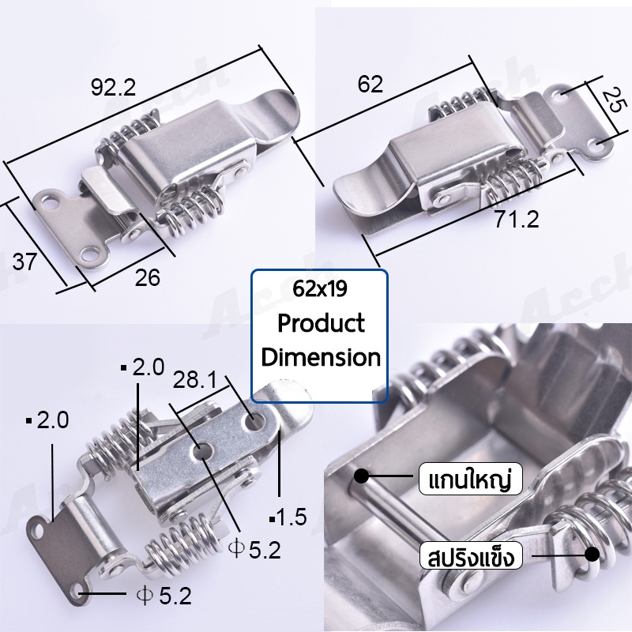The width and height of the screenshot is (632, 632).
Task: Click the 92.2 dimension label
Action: [113, 88]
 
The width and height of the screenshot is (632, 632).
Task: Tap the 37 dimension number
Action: [24, 261]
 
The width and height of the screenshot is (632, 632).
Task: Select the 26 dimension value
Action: [148, 277]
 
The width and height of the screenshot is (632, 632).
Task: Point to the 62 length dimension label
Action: [370, 85]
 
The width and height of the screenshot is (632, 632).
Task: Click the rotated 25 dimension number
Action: [615, 100]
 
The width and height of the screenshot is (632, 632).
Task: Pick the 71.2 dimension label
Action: [517, 220]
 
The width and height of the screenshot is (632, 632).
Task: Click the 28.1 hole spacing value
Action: [195, 380]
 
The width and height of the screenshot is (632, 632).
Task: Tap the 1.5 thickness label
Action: [288, 517]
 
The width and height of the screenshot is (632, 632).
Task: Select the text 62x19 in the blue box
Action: [320, 288]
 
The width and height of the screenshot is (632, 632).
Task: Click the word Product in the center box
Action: [322, 323]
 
